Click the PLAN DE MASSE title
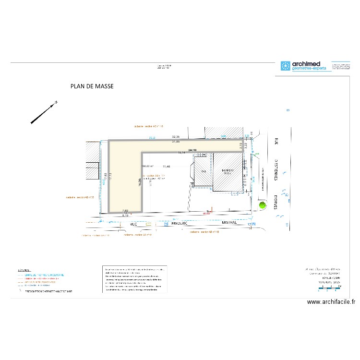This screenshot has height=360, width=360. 92,86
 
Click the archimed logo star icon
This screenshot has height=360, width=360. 286,66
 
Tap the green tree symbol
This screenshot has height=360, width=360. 262,205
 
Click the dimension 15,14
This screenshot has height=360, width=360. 181,152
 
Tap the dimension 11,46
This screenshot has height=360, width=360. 167,166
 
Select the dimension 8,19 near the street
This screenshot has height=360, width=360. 125,216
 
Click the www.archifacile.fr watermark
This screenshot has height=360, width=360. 331,302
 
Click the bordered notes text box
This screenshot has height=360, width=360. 135,279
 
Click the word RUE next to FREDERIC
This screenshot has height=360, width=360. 128,223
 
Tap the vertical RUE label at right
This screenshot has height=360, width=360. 276,142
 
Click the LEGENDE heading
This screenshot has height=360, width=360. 24,270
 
